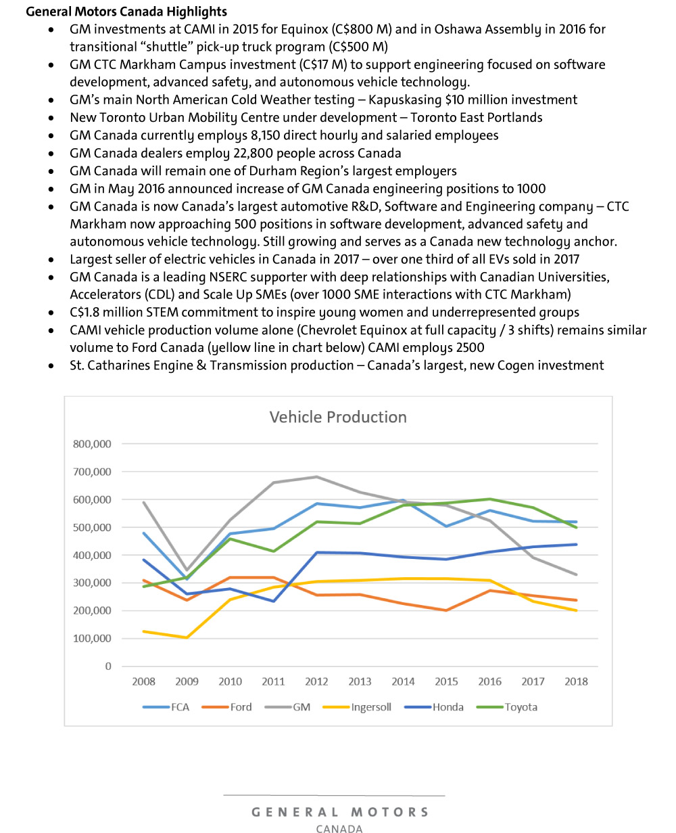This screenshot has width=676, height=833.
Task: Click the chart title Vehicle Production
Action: tap(338, 417)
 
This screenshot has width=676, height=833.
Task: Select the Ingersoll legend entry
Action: tap(370, 707)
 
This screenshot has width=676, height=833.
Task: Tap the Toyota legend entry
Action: tap(521, 707)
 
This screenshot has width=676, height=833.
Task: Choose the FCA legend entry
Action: tap(179, 707)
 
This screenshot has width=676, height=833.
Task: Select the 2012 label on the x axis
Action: tap(316, 681)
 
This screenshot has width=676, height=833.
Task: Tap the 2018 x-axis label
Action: tap(577, 681)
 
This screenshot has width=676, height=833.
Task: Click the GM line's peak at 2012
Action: tap(316, 476)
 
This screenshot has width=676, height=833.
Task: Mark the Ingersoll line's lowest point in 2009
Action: tap(186, 637)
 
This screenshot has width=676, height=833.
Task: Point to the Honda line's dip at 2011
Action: tap(273, 601)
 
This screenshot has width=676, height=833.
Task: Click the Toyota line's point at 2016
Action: tap(490, 499)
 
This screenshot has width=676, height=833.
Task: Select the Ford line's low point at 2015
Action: tap(447, 610)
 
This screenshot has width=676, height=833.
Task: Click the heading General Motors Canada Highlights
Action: tap(126, 12)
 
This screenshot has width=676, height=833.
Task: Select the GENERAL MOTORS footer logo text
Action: tap(340, 812)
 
